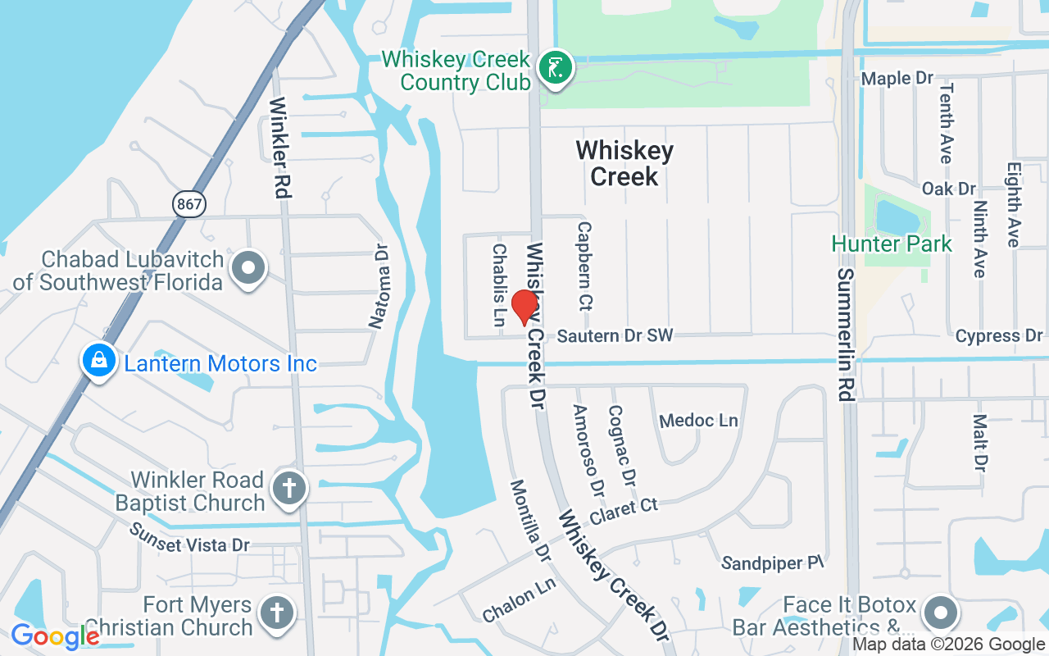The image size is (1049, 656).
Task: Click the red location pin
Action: coord(524,307)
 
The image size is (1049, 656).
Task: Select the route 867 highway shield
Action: coord(188,203)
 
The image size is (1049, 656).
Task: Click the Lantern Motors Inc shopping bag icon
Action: coord(98,361)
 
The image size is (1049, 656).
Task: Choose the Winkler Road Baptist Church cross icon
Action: coord(289,489)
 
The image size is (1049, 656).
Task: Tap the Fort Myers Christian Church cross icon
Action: coord(277,613)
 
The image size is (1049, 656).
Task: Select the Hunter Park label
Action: coord(892,244)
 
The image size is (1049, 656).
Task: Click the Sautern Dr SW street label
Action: coord(615,336)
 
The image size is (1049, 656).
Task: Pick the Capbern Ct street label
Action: coord(584,264)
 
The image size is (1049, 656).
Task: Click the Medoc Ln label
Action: coord(698,421)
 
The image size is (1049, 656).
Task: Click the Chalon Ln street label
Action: coord(519,601)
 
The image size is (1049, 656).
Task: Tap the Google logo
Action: coord(55,635)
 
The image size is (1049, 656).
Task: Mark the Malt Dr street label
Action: coord(980,443)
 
